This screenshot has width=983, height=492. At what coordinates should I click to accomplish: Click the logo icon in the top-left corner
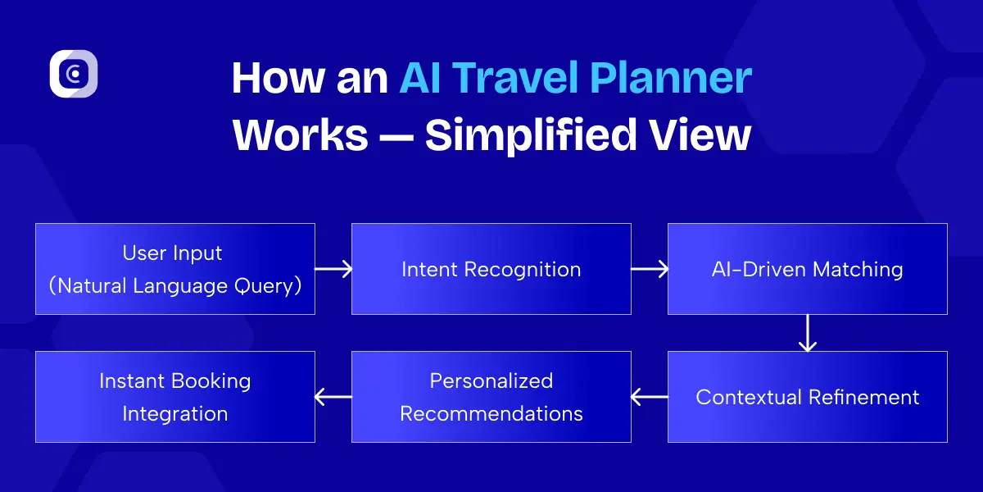pos(74,74)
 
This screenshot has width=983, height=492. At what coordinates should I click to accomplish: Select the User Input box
pos(175,269)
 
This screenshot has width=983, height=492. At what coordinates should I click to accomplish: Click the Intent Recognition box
pos(491,269)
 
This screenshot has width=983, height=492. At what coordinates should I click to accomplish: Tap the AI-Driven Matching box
pos(808,269)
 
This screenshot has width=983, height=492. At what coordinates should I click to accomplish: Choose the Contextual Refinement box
pos(808,397)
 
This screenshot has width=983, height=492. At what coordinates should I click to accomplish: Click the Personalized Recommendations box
pos(491,397)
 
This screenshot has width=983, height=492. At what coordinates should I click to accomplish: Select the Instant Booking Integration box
pos(175,397)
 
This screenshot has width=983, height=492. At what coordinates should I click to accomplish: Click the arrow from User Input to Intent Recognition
pos(333,269)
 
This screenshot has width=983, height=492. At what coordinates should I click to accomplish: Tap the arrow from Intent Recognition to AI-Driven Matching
pos(650,269)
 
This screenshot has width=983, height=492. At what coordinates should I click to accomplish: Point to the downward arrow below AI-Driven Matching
pos(808,333)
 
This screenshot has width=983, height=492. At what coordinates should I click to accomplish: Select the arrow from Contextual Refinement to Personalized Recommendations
pos(650,397)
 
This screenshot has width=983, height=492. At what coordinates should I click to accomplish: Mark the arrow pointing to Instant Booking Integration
pos(333,397)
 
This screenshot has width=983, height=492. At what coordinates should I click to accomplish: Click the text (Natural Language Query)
pos(175,286)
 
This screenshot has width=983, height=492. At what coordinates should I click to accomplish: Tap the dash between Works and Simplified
pos(396,136)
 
